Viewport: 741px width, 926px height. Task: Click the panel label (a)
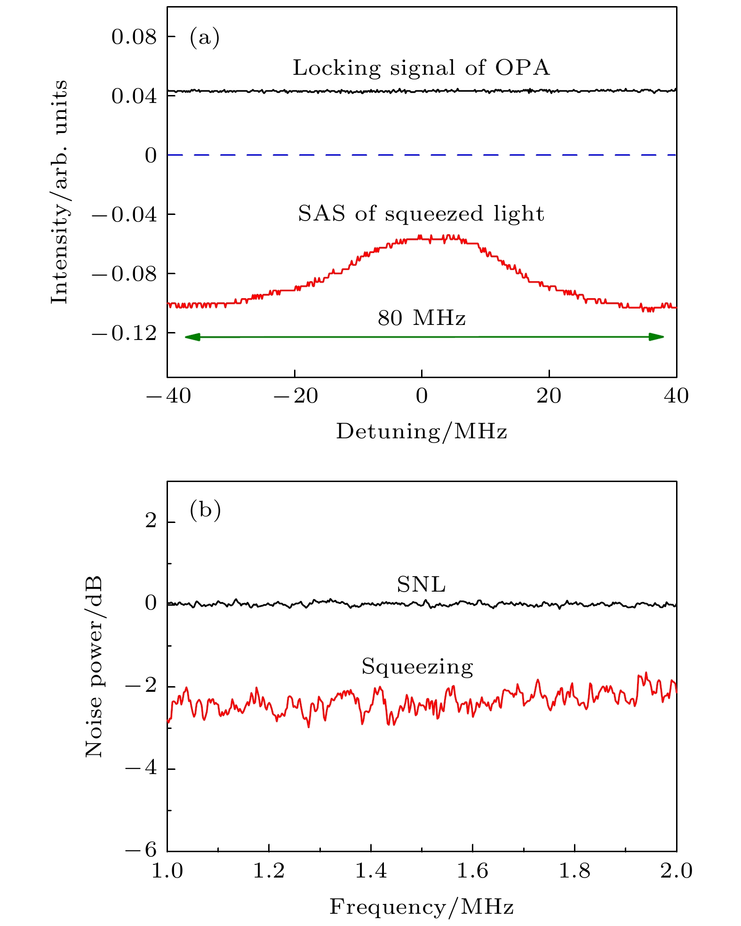(204, 37)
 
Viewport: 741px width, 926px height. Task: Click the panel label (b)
(205, 510)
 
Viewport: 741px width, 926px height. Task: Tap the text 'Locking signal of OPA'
(421, 68)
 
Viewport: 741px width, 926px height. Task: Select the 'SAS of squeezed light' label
(421, 214)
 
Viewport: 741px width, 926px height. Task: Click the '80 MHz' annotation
(422, 318)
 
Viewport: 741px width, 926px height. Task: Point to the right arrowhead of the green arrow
(656, 337)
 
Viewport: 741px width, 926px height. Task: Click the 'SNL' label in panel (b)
(421, 585)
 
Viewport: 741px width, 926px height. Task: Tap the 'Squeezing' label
(417, 667)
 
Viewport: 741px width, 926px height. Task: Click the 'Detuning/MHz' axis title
(422, 431)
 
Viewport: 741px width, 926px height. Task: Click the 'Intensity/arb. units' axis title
(60, 192)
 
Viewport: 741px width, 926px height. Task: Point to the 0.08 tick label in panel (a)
(134, 37)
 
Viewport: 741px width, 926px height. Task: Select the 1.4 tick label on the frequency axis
(371, 871)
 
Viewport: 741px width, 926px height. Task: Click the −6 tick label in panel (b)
(141, 851)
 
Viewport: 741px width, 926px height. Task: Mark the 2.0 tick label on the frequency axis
(676, 871)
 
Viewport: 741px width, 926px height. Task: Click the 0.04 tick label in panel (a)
(134, 96)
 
